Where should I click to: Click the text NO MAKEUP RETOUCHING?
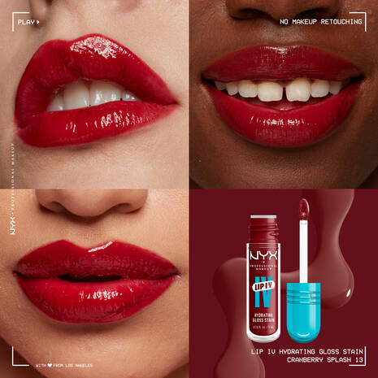[x=320, y=22]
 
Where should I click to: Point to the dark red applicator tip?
[x=303, y=215]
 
